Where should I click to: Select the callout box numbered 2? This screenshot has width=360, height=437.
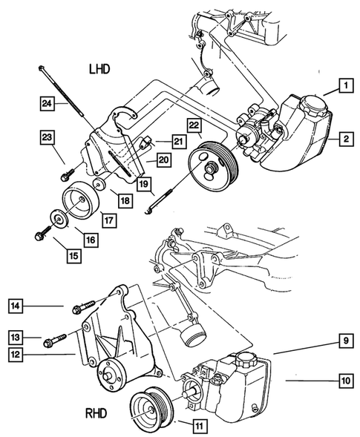345,137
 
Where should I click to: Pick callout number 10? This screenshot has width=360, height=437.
345,383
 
